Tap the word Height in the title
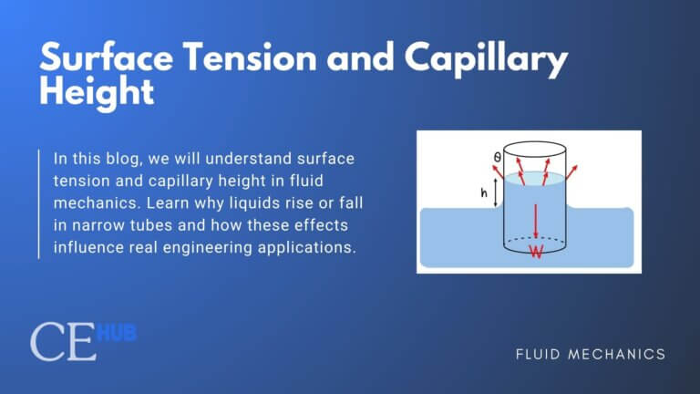click(96, 92)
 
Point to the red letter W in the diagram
click(536, 251)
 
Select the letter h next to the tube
click(486, 192)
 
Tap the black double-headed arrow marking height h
click(498, 192)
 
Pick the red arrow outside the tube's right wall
click(572, 171)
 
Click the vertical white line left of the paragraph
click(39, 203)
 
